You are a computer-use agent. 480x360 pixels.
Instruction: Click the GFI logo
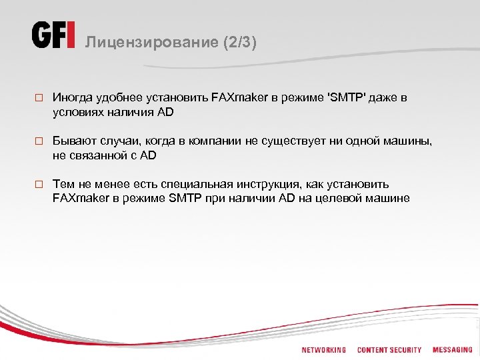click(x=53, y=35)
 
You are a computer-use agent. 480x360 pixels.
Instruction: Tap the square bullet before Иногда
click(x=39, y=98)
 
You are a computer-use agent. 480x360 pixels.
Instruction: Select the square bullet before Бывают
click(x=39, y=141)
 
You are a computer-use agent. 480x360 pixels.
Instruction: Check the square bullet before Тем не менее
click(x=39, y=185)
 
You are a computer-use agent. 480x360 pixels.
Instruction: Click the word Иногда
click(x=73, y=97)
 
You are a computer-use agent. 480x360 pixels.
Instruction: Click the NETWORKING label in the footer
click(x=324, y=349)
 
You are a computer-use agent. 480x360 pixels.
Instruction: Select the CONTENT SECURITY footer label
click(x=389, y=349)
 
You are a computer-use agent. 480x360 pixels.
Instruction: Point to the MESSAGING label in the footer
click(x=452, y=349)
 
